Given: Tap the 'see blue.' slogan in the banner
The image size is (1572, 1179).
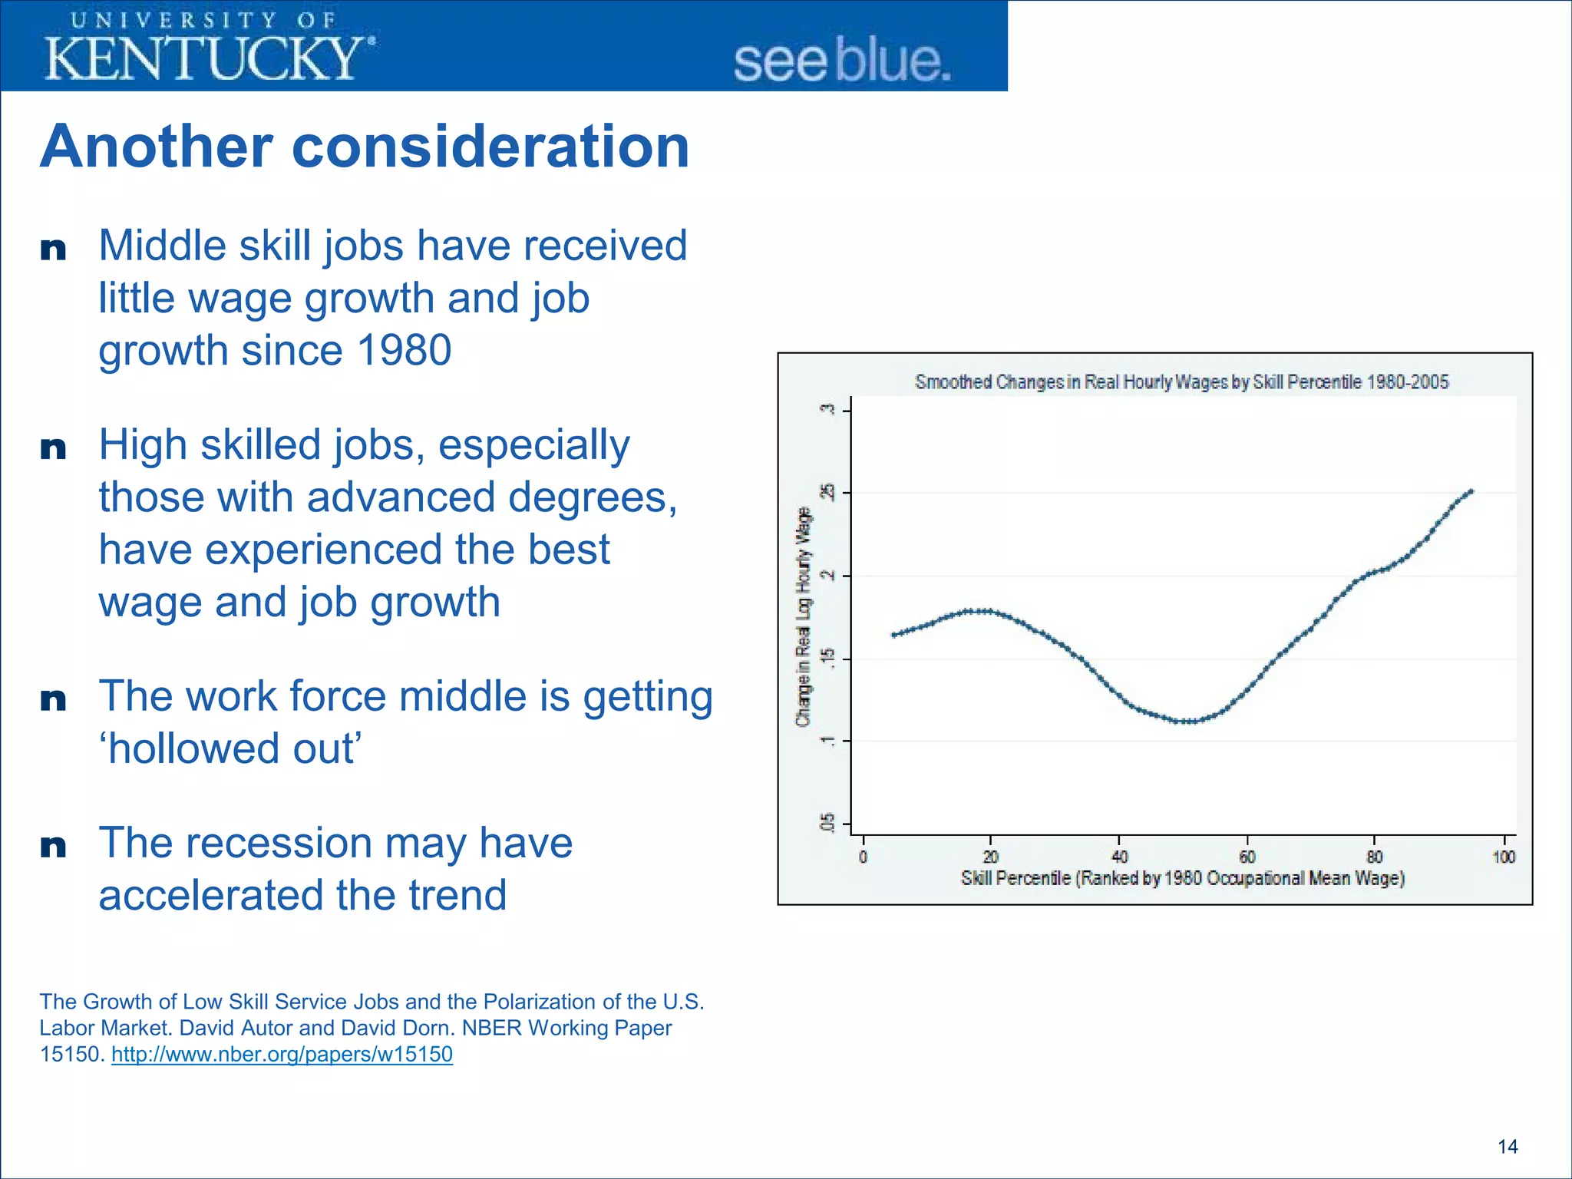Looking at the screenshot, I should tap(842, 61).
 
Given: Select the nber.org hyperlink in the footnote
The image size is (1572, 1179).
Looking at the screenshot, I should tap(282, 1054).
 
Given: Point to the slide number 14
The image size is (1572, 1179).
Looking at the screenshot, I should tap(1507, 1147).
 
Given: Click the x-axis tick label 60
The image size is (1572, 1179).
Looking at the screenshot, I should tap(1247, 857).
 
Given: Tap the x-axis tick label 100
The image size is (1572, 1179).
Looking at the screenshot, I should tap(1503, 857).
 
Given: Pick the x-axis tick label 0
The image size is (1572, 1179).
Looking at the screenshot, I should tap(863, 857).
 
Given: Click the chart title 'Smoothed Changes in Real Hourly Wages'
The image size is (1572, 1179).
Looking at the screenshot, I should tap(1181, 381).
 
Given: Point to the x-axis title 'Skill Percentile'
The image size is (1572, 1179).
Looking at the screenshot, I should tap(1182, 878).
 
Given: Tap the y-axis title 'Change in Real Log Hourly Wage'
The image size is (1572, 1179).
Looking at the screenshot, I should tap(803, 616).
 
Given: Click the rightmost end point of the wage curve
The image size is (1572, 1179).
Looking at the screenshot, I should tap(1471, 491).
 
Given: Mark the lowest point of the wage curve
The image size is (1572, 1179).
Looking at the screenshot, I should tap(1186, 722).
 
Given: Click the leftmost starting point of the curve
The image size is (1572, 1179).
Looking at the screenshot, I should tap(893, 635).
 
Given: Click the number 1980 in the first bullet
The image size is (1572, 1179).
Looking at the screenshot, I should tap(404, 350).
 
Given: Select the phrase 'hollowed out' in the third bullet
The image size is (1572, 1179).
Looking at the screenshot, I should tap(230, 748).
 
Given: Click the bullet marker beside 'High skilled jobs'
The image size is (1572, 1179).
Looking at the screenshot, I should tap(53, 447).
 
